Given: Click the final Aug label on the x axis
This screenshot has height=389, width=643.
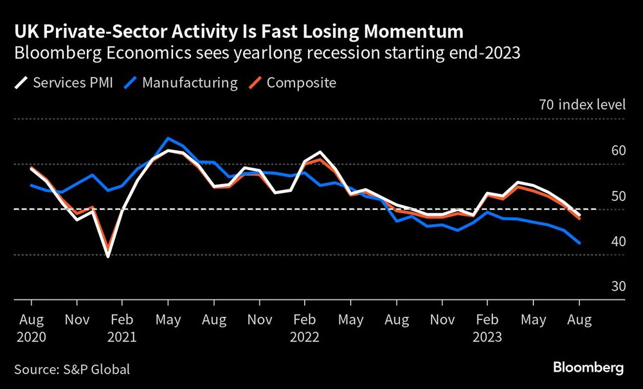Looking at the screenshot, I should pos(579,319).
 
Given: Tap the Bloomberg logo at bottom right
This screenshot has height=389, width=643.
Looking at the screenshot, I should pos(588,368).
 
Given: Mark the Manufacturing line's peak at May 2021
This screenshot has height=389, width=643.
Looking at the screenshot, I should pos(168,138).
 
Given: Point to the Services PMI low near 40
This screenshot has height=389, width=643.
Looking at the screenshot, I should pos(107,256).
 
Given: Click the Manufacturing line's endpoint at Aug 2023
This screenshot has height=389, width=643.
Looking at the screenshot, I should pos(580,243).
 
